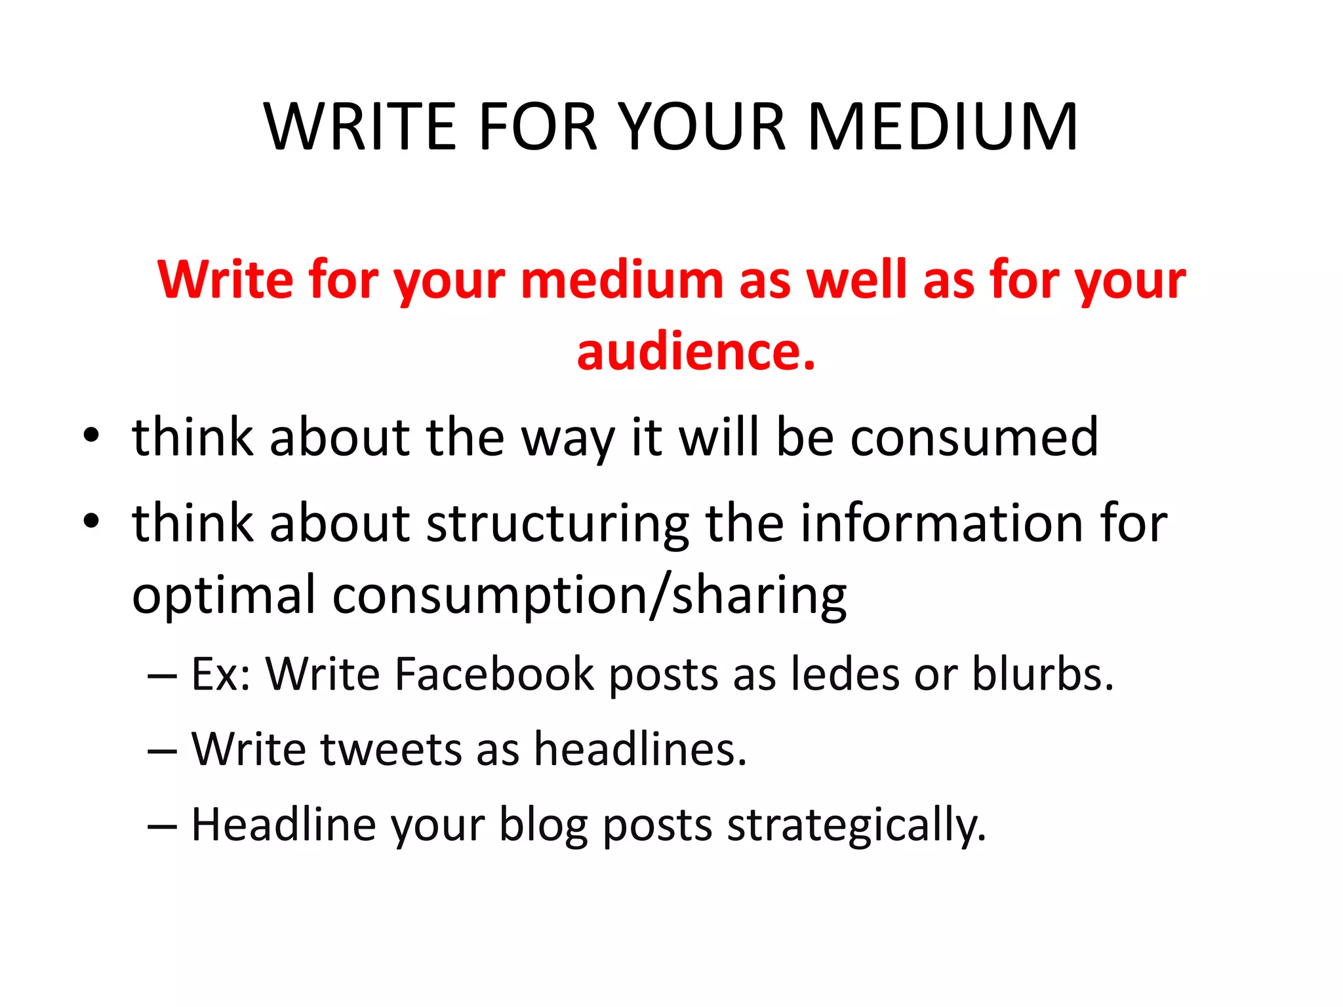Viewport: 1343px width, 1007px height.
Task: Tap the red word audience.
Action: [x=696, y=352]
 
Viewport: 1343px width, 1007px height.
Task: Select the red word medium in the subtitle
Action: [x=622, y=280]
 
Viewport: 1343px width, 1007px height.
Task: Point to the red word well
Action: [x=856, y=280]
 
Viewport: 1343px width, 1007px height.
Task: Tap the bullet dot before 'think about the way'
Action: [x=91, y=435]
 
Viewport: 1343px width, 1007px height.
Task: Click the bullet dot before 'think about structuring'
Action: [x=91, y=521]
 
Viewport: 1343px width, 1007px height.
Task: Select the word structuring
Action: [x=557, y=524]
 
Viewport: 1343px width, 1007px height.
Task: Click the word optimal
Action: [x=224, y=595]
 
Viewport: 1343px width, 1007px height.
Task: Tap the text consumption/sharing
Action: [x=589, y=595]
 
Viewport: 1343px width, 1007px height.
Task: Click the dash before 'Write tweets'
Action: [x=162, y=750]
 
